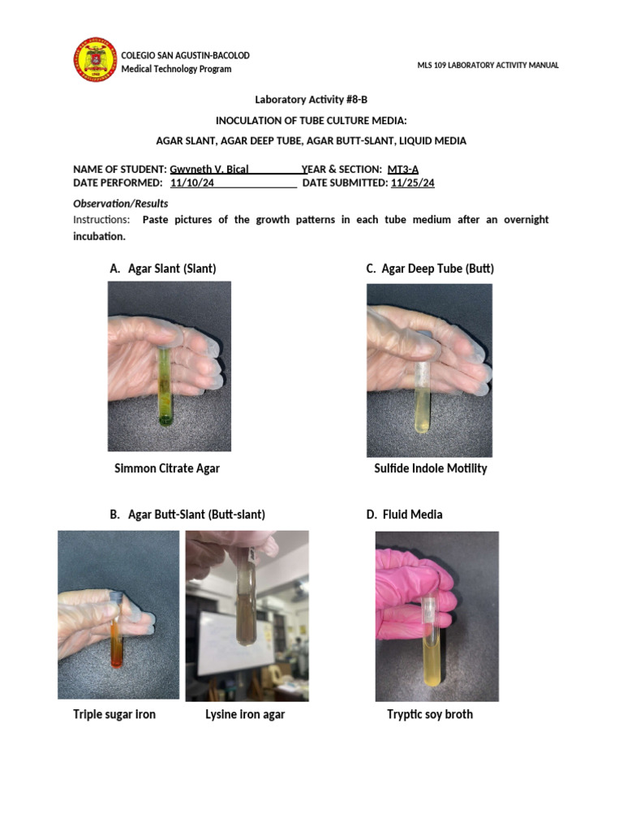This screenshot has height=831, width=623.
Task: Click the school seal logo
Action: coord(96,60)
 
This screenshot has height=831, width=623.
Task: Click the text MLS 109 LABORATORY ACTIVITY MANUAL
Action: coord(488,65)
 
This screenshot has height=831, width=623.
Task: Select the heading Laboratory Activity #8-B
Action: coord(311,100)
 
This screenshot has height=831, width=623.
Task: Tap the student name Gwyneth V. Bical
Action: coord(208,169)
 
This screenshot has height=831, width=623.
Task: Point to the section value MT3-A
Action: coord(403,169)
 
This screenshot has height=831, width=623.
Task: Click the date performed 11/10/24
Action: coord(192,183)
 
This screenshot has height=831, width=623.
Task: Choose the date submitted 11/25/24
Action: coord(412,183)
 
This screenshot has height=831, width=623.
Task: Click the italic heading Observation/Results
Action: coord(121,204)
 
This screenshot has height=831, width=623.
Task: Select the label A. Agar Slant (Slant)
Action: coord(162,268)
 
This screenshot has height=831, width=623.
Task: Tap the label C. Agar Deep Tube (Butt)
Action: coord(430,268)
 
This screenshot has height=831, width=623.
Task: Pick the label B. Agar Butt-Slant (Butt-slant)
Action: coord(187,515)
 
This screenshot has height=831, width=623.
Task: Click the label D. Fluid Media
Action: coord(404,515)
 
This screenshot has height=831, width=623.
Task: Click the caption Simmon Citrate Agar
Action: coord(167,468)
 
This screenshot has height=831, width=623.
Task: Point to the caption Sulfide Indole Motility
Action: coord(430,468)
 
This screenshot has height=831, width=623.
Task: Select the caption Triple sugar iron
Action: coord(114,714)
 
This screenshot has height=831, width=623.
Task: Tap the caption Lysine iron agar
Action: coord(245,714)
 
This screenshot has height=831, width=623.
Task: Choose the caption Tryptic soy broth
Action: coord(430,714)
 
